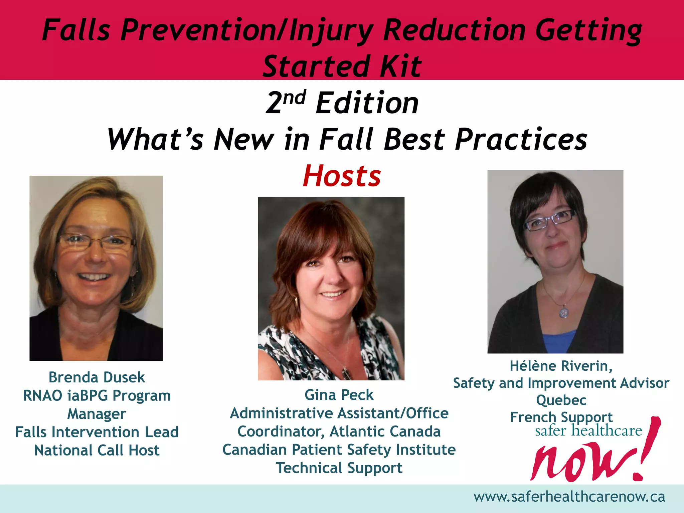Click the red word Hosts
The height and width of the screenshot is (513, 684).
point(342,176)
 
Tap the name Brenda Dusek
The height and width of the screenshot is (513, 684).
point(97,377)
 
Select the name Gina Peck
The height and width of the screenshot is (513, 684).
point(339,395)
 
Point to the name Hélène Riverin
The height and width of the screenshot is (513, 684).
point(561,366)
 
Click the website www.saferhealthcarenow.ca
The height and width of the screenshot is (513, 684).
point(569,497)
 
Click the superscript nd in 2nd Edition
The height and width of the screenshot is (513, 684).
point(294,98)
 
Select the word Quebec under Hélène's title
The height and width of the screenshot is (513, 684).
point(561,400)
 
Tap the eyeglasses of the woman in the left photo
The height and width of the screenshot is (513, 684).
point(96,241)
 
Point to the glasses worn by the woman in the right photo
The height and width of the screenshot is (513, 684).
point(550,220)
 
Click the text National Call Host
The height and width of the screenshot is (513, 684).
point(97,451)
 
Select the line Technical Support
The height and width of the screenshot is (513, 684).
point(339,468)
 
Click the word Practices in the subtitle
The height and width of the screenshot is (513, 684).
point(521,139)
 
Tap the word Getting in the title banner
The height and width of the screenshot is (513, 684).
point(588,30)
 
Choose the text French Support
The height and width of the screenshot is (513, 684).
point(561,417)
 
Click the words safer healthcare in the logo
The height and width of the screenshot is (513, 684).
point(588,431)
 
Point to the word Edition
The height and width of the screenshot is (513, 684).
point(367,103)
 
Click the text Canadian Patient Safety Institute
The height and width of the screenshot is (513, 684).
point(339,450)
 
